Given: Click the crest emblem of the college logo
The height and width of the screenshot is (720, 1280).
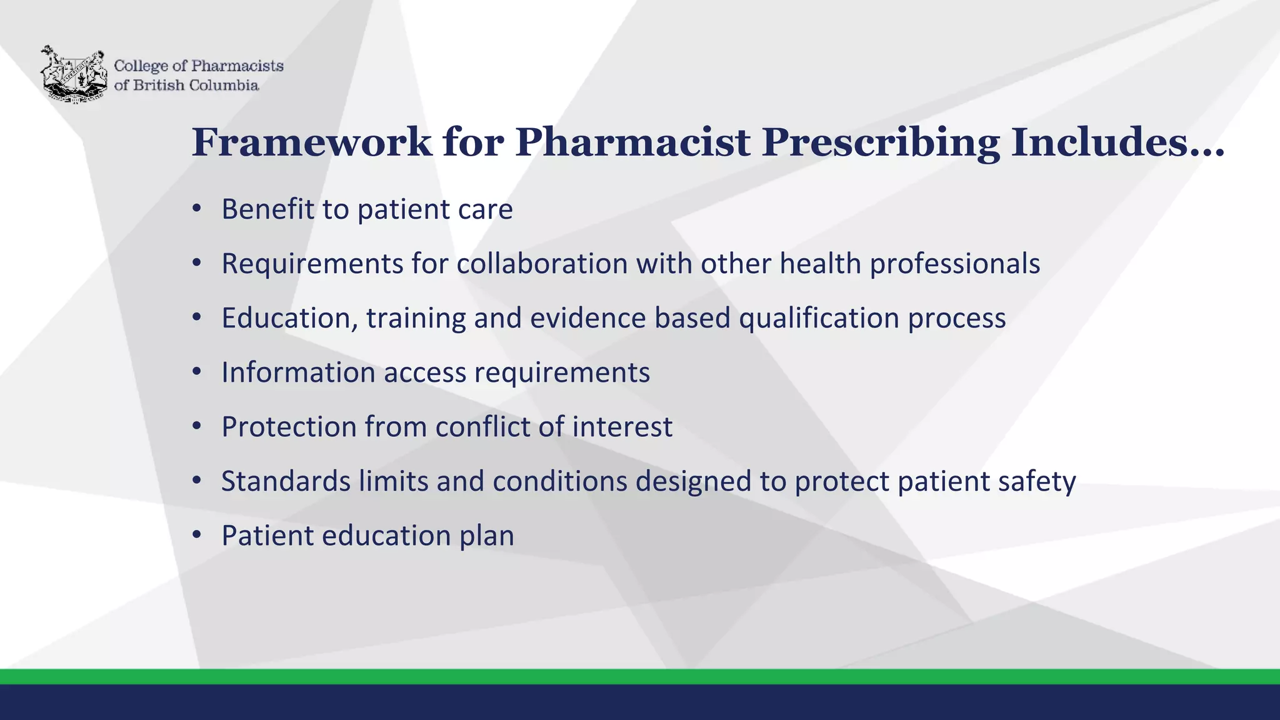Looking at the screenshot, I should (74, 74).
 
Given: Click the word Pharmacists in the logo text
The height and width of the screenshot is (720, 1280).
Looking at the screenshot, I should (237, 66).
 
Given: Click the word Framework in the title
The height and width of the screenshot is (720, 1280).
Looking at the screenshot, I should (311, 142).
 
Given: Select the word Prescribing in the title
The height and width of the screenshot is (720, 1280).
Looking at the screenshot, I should (881, 142).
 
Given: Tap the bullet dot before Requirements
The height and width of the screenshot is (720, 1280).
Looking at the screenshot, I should (197, 263).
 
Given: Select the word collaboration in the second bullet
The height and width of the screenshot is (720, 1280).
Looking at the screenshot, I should (542, 264).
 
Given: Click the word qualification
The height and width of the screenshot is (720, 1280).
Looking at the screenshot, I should (819, 318).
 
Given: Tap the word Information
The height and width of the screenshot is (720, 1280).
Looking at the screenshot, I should (298, 372).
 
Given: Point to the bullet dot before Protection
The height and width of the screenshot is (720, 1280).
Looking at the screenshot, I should (197, 426).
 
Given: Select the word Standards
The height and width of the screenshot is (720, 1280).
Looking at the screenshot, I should (286, 481).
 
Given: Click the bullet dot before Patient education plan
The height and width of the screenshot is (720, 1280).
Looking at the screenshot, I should (197, 535).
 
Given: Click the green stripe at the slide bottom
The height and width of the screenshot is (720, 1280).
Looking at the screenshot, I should (640, 676).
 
